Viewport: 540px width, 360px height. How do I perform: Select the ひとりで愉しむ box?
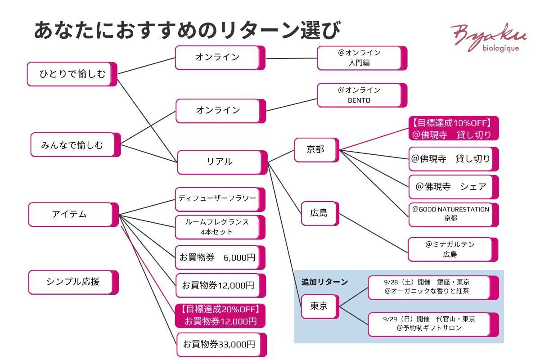(72, 74)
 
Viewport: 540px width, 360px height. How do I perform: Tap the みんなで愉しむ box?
(74, 145)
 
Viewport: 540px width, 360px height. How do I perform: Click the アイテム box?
(72, 214)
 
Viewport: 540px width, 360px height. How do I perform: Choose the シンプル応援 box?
(72, 282)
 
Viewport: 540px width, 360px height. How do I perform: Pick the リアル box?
(220, 162)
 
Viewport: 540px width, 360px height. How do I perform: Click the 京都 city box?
(316, 150)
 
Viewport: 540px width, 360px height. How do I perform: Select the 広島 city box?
(319, 213)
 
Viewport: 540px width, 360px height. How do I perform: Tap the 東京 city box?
(319, 306)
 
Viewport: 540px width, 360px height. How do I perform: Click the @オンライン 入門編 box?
(360, 58)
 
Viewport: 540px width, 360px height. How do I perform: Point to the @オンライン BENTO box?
(360, 95)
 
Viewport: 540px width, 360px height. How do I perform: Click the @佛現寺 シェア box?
(452, 187)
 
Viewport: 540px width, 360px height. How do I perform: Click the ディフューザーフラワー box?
(218, 199)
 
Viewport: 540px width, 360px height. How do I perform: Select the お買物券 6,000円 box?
(219, 258)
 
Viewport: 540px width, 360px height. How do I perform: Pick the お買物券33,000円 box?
(220, 345)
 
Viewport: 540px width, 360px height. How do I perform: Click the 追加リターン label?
(324, 282)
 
